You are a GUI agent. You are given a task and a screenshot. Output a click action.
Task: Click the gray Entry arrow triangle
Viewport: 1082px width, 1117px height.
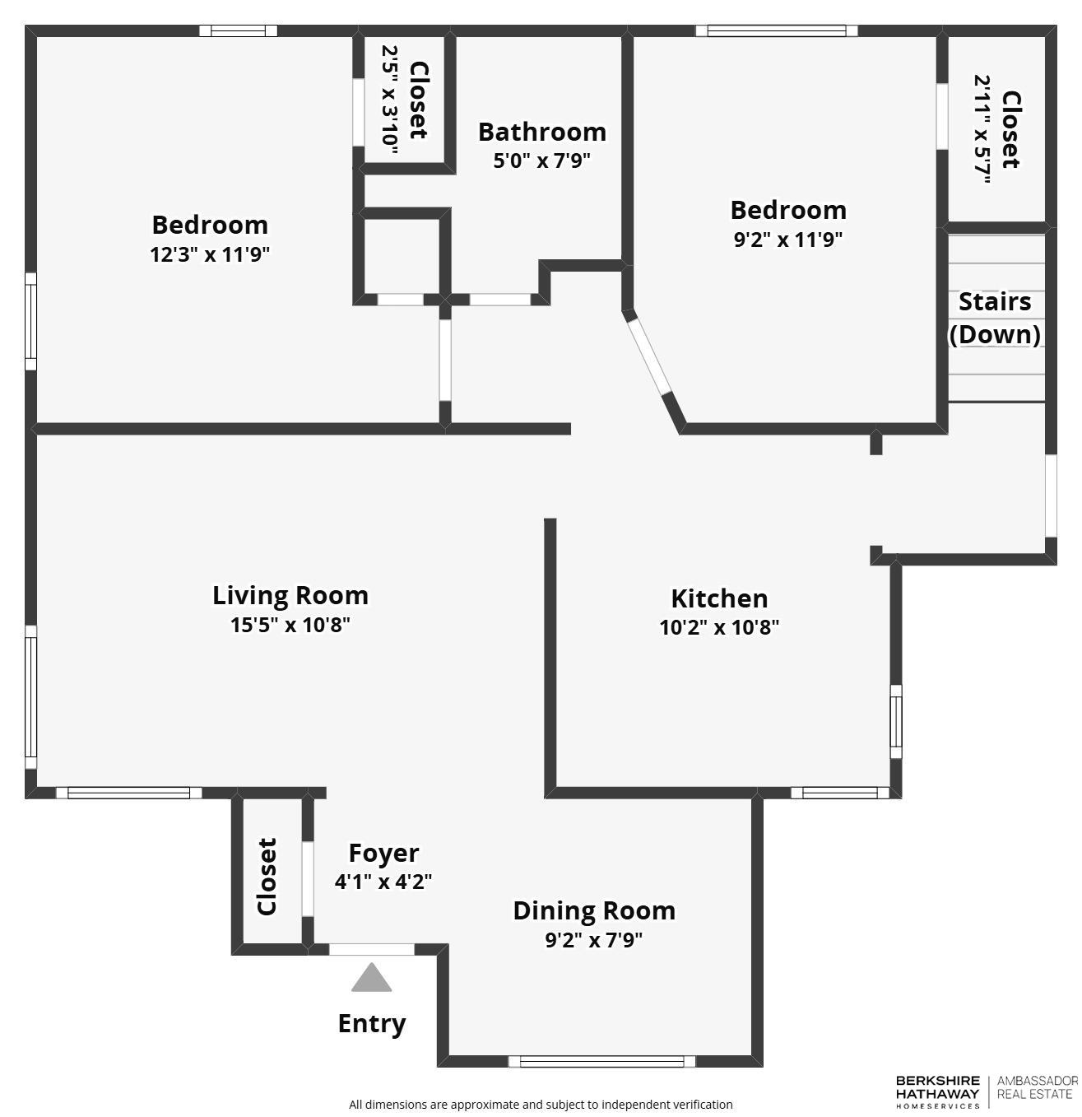(372, 978)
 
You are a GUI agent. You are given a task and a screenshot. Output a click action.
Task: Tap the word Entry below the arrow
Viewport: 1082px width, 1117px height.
(372, 1023)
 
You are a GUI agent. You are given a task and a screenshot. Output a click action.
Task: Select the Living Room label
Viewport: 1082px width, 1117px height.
(290, 595)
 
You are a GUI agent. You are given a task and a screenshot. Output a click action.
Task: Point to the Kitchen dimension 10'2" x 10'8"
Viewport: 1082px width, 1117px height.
(719, 627)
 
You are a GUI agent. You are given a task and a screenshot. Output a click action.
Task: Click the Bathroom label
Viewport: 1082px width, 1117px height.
(541, 132)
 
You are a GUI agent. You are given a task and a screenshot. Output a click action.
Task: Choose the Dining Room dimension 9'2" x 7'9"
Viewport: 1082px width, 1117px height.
(593, 939)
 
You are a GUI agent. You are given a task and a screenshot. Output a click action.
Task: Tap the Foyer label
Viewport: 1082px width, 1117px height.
(383, 853)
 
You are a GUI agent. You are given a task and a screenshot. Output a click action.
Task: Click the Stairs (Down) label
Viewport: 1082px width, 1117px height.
(995, 318)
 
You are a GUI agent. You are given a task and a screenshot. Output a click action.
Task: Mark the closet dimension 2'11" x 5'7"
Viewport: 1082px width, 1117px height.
(982, 129)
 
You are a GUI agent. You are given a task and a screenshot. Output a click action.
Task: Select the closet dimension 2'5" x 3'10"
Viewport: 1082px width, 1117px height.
(390, 100)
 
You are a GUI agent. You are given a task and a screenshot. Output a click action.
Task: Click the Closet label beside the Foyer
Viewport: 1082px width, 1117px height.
(267, 876)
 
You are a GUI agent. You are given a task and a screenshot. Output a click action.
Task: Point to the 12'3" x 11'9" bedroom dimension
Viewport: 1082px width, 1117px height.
(210, 254)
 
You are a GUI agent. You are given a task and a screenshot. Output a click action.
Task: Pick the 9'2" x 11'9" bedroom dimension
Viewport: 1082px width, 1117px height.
(788, 240)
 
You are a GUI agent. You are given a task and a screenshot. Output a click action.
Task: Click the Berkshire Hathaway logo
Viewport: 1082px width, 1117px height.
(937, 1091)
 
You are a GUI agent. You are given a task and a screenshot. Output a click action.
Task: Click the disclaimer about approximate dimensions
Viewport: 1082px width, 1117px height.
(541, 1105)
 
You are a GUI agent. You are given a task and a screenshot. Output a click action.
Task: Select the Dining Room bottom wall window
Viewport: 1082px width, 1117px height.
(601, 1061)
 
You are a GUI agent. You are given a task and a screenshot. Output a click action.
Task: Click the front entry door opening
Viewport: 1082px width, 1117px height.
(372, 949)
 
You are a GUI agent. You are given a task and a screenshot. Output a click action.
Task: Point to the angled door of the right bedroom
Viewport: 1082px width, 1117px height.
(650, 357)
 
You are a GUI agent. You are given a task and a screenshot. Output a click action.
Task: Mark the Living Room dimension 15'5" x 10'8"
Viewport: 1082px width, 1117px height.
(290, 625)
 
